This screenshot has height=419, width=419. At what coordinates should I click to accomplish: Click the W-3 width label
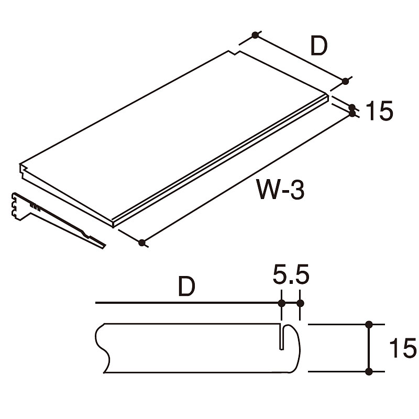280,189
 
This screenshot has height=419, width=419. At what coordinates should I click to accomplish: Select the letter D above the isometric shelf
319,46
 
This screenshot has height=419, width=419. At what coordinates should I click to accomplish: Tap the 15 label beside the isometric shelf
379,111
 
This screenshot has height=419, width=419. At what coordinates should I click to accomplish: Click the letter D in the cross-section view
187,286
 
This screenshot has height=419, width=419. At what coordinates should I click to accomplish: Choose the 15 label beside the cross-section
403,348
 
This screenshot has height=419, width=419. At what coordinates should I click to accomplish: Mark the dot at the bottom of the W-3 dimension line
141,242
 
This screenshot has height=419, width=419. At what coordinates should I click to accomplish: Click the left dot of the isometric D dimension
255,35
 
